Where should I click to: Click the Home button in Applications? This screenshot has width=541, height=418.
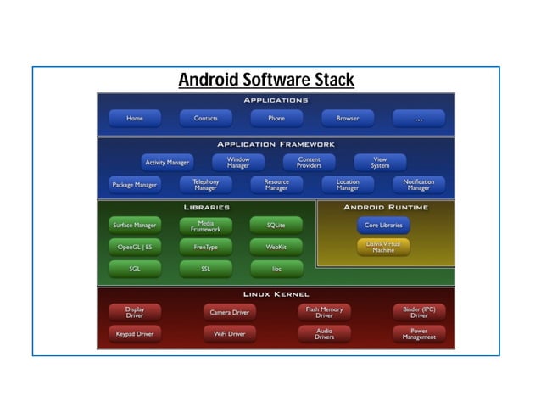click(135, 119)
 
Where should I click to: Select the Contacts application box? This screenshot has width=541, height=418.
click(206, 119)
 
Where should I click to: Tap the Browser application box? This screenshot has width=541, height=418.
click(348, 119)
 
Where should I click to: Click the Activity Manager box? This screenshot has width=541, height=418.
click(167, 162)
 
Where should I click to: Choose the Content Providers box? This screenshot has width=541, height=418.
click(309, 162)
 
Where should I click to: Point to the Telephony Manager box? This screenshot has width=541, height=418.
click(205, 184)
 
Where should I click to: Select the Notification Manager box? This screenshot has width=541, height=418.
click(419, 184)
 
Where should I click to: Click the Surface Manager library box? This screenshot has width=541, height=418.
click(135, 226)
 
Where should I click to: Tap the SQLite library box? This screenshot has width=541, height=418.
click(276, 226)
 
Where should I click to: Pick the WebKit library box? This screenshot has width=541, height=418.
click(276, 247)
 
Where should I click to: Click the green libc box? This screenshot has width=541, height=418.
click(276, 269)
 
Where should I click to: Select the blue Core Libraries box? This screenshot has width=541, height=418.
click(383, 226)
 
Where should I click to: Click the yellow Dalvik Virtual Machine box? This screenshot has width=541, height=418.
click(383, 247)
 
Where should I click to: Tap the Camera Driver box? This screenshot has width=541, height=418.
click(229, 312)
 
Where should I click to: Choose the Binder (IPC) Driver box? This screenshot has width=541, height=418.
click(419, 312)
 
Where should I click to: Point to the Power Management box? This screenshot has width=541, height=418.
click(419, 334)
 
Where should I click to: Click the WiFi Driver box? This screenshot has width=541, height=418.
click(229, 334)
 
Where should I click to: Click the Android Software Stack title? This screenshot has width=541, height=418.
click(265, 81)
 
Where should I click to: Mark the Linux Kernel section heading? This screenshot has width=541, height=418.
click(276, 294)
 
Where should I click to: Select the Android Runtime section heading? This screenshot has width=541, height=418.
click(386, 207)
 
